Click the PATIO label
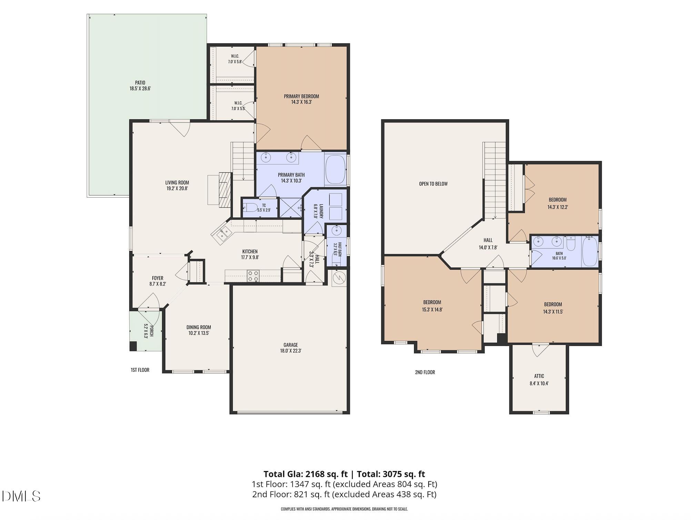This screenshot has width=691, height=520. [x=140, y=83]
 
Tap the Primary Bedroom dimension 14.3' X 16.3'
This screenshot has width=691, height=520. [x=301, y=102]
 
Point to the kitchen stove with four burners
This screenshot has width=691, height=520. [x=253, y=276]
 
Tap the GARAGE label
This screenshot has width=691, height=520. [x=291, y=345]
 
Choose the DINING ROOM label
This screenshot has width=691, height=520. [x=199, y=327]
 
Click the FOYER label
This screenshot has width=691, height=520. [x=158, y=278]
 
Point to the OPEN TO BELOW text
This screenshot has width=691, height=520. [x=433, y=184]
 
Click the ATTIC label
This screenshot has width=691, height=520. [x=539, y=376]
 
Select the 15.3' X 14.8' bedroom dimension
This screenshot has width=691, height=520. [x=432, y=310]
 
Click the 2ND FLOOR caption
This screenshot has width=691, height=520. [x=425, y=372]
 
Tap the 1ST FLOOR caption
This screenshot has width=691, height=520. [x=140, y=370]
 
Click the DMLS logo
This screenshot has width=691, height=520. [x=21, y=496]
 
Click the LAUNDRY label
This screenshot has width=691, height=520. [x=321, y=211]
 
